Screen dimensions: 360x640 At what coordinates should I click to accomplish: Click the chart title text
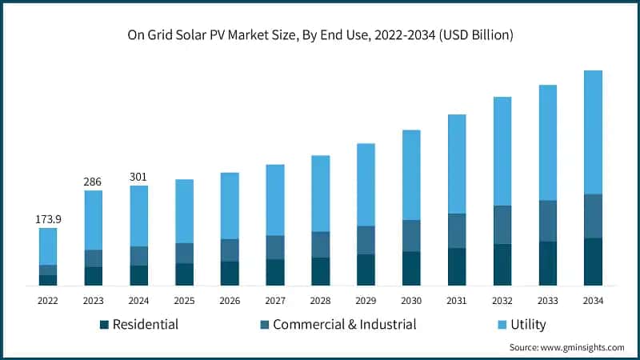click(320, 35)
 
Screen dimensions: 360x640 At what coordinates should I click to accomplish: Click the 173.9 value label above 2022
click(48, 218)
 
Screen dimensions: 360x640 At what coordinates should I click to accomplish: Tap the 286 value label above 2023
click(93, 182)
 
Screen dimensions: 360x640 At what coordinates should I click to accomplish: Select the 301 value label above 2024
click(138, 177)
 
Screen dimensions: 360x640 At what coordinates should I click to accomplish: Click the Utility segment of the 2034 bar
click(593, 132)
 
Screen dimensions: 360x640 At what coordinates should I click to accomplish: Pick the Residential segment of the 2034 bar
click(593, 262)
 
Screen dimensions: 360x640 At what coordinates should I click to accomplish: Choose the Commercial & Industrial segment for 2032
click(502, 225)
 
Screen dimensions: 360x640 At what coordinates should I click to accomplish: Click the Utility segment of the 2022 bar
click(48, 246)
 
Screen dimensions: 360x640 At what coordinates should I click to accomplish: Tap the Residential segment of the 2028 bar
click(320, 271)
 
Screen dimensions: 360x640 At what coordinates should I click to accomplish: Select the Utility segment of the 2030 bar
click(411, 174)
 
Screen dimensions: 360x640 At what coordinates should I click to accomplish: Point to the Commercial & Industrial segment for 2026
click(230, 250)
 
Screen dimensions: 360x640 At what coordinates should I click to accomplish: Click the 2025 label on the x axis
click(184, 301)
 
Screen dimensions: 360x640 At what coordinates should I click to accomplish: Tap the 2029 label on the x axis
click(366, 301)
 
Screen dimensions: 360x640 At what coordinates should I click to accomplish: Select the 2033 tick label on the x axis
click(547, 301)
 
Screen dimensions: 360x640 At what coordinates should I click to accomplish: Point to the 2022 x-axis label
click(48, 301)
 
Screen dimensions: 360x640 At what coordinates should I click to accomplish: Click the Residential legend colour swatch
click(104, 325)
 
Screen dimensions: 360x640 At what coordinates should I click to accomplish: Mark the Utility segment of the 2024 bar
click(138, 216)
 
